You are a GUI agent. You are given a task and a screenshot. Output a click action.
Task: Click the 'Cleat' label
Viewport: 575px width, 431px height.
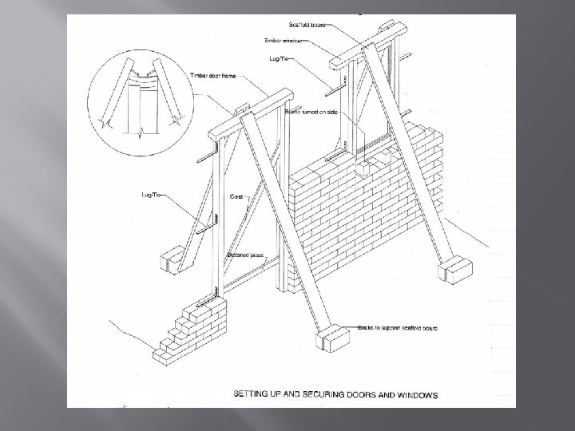[237, 195]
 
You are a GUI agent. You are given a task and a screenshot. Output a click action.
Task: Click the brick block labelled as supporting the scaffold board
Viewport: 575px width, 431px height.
[329, 339]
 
